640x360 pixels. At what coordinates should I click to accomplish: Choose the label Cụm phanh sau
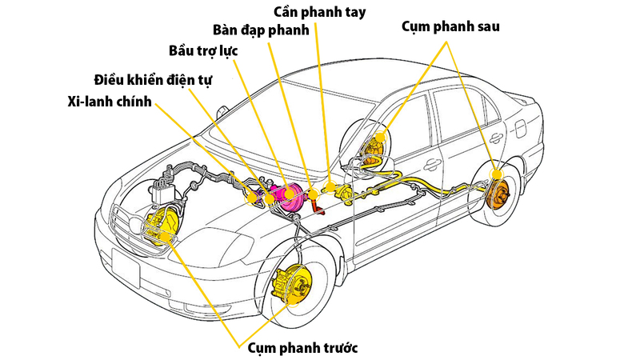point(450,27)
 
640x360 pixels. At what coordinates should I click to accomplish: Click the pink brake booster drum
point(288,198)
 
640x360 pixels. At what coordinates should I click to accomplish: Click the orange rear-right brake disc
point(498,193)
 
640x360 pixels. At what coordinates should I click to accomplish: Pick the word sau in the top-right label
point(486,27)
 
